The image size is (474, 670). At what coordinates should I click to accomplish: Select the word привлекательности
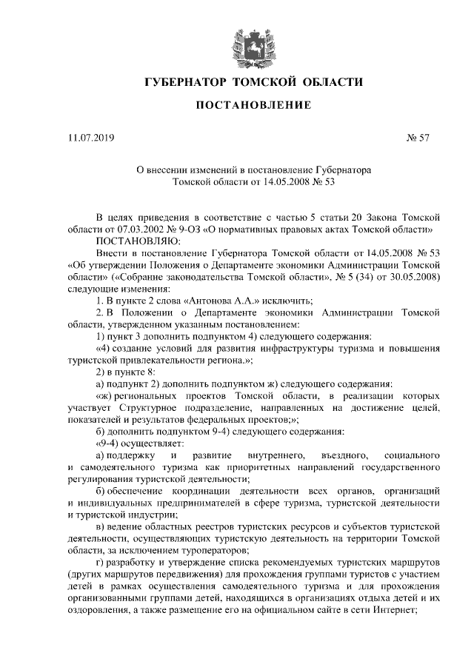166,359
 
